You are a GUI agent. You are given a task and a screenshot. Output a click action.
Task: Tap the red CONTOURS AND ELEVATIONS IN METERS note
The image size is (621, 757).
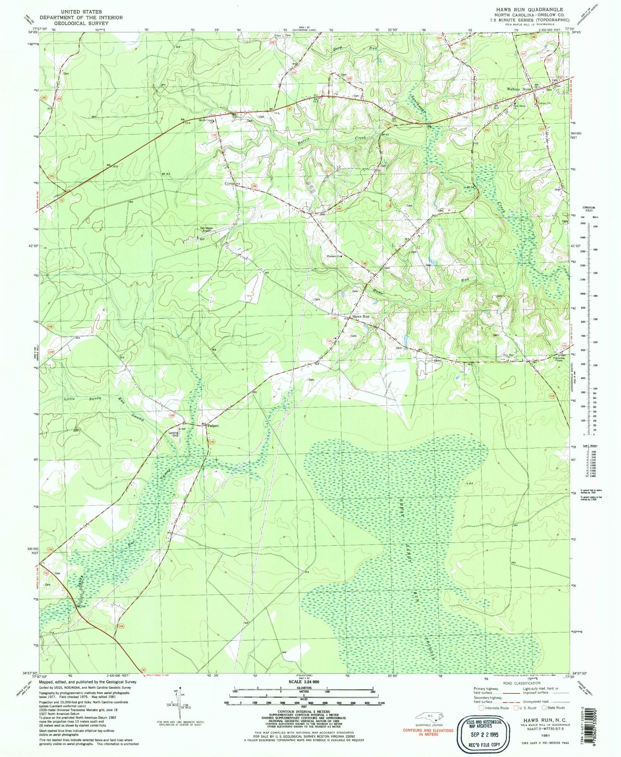[x=428, y=732]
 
